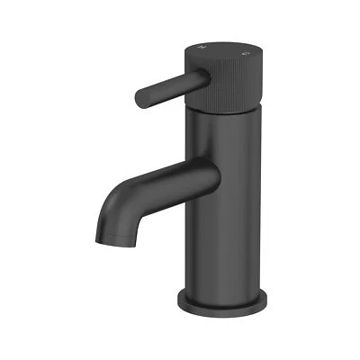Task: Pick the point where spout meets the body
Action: [x=203, y=175]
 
